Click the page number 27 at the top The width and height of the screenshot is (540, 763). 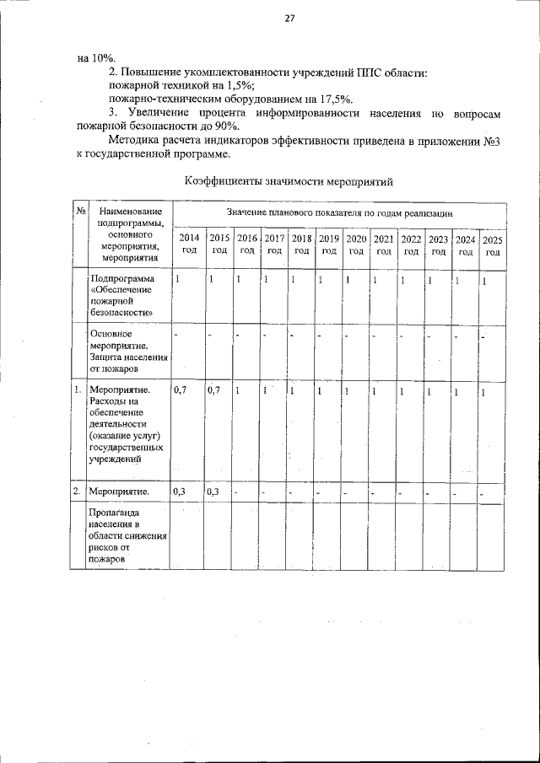pyautogui.click(x=289, y=19)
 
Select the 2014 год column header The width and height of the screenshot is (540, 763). pyautogui.click(x=189, y=244)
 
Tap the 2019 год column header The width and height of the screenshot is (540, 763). pyautogui.click(x=329, y=244)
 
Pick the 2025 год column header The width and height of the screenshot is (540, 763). pyautogui.click(x=492, y=245)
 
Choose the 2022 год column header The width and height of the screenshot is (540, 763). pyautogui.click(x=411, y=244)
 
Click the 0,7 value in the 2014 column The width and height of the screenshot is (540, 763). pyautogui.click(x=180, y=390)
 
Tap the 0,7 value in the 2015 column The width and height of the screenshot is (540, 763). pyautogui.click(x=213, y=390)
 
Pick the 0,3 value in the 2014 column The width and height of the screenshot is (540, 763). pyautogui.click(x=179, y=491)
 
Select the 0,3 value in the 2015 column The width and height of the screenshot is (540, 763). pyautogui.click(x=213, y=491)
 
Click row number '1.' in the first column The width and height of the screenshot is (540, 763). pyautogui.click(x=77, y=390)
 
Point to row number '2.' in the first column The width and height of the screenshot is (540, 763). pyautogui.click(x=77, y=491)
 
